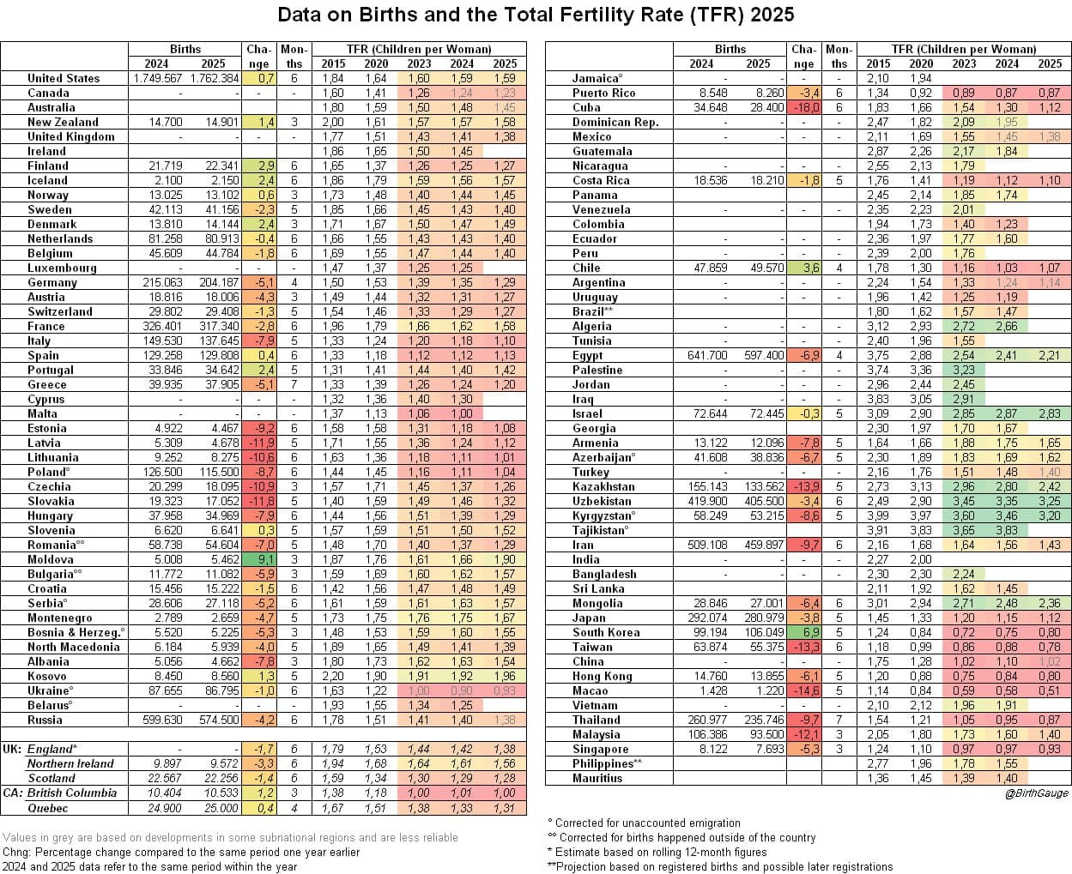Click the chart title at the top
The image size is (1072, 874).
[536, 15]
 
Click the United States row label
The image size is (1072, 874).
[64, 78]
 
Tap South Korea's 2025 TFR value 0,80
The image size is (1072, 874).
[1049, 632]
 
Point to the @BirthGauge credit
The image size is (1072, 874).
[1037, 793]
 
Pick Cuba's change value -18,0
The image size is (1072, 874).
[804, 107]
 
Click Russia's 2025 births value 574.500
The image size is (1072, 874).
[217, 720]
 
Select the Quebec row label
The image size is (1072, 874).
[47, 807]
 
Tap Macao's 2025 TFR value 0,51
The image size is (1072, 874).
[1049, 690]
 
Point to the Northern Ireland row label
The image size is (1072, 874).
[70, 763]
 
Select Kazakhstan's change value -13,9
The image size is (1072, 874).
[804, 486]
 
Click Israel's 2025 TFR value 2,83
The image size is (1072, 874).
[1049, 413]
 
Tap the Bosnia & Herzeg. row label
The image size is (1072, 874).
[76, 632]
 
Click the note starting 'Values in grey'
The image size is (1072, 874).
[230, 837]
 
